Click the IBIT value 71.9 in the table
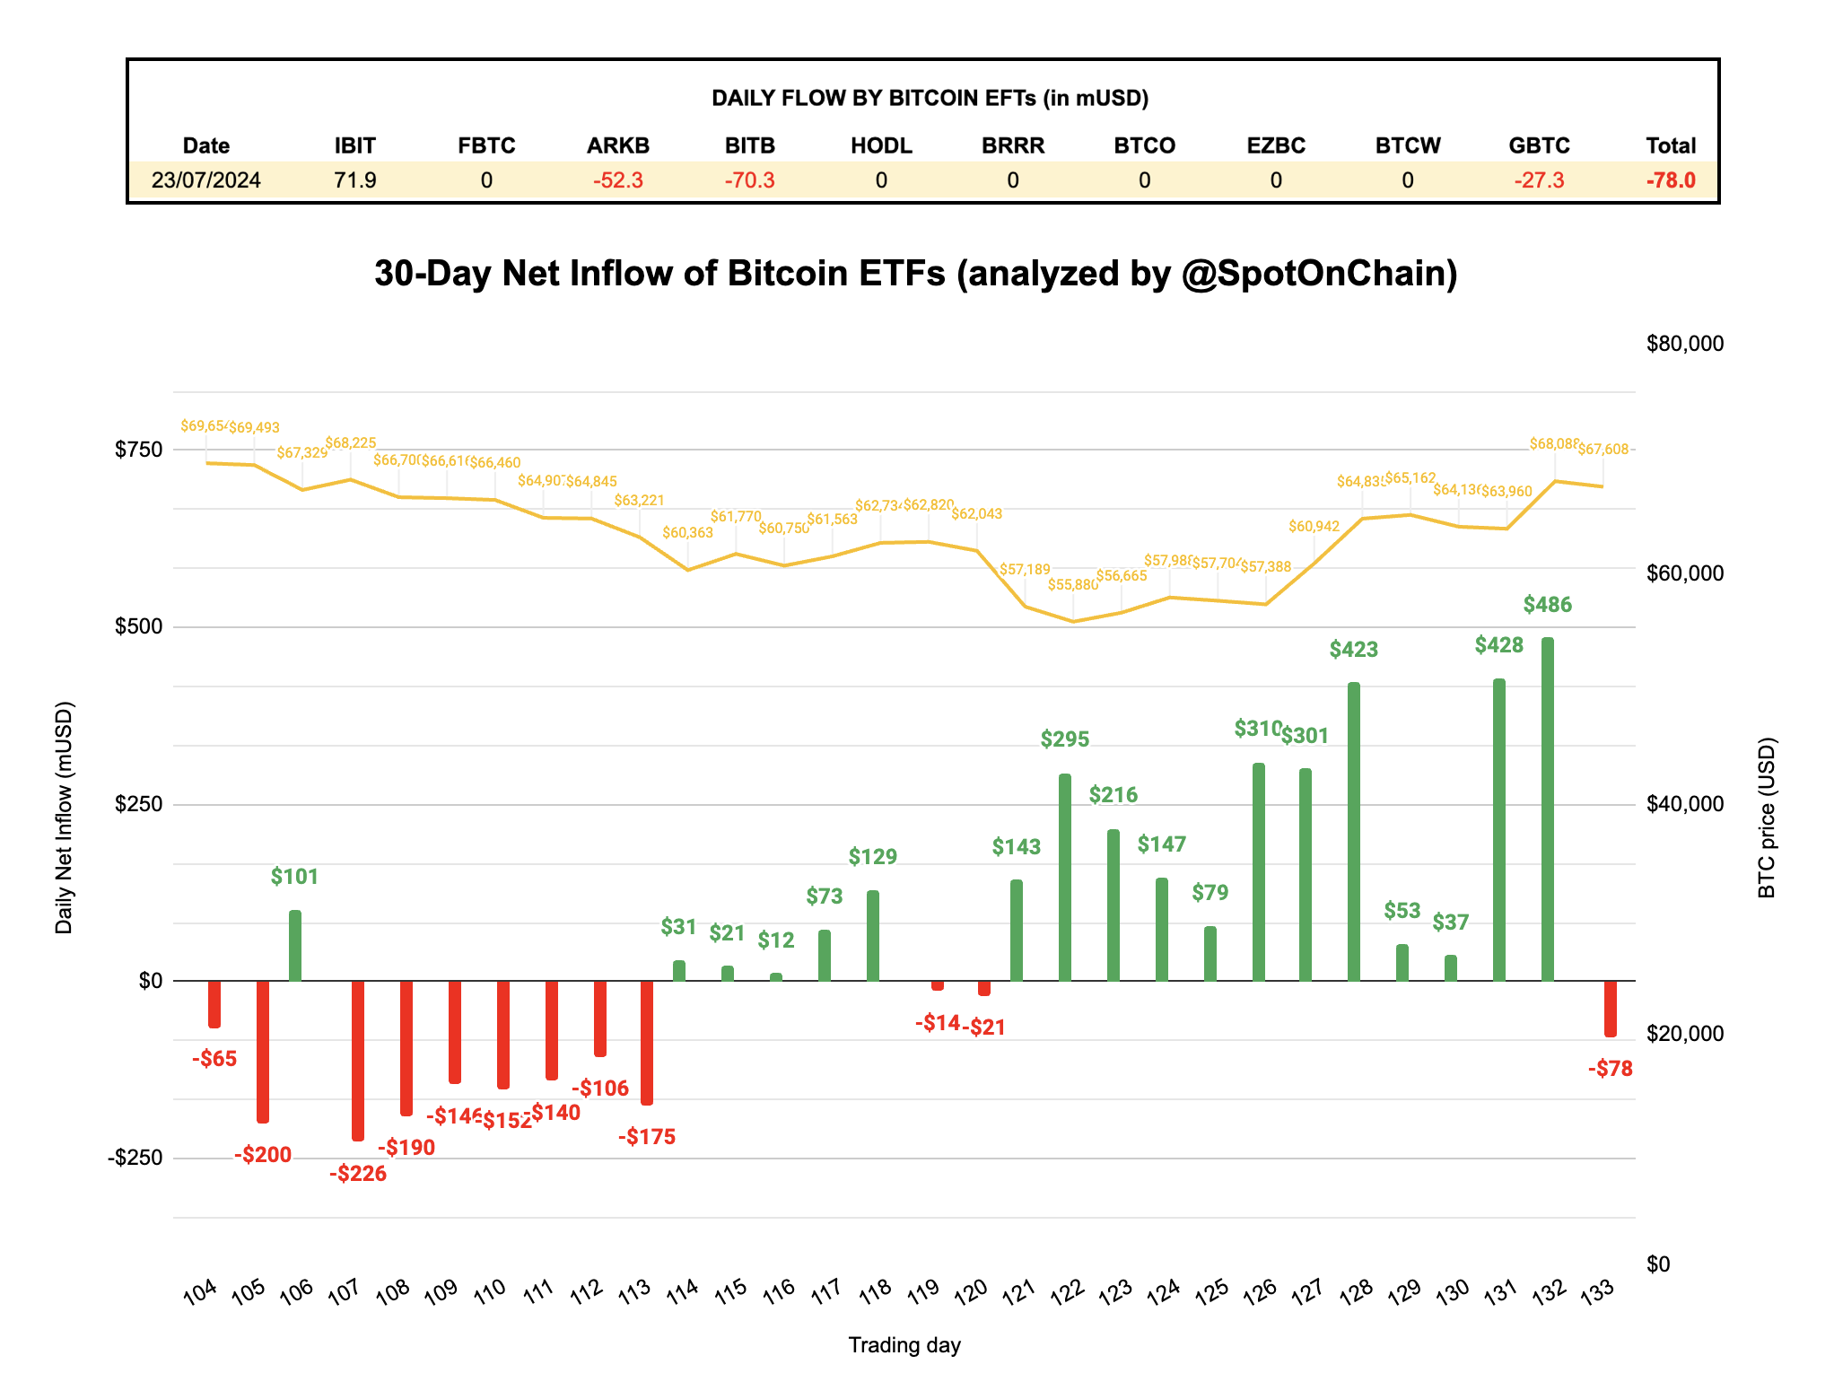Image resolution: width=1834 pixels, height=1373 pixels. click(354, 180)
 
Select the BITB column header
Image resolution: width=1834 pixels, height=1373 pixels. click(749, 145)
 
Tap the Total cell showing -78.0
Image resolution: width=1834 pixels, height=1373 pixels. click(1670, 180)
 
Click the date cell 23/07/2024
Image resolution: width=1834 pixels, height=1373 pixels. click(205, 180)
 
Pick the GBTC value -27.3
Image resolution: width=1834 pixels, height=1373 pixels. click(1539, 180)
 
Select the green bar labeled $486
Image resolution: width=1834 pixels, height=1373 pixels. click(1547, 808)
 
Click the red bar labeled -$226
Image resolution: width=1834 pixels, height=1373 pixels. click(358, 1059)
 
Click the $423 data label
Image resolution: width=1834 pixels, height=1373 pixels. click(1353, 649)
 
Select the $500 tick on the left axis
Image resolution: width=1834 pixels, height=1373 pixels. click(138, 626)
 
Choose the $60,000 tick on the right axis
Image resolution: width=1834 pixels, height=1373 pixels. click(1685, 573)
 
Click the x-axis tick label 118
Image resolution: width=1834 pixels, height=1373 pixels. click(875, 1290)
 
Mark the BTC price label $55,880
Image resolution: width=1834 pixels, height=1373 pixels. click(1072, 585)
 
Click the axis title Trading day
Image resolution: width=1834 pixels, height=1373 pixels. click(904, 1345)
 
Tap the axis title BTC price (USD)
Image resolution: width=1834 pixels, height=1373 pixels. click(1766, 818)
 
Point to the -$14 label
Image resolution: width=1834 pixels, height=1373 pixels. click(938, 1023)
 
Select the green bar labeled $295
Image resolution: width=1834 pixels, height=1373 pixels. click(1065, 877)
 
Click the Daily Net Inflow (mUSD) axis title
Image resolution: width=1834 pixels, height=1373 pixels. click(64, 818)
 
